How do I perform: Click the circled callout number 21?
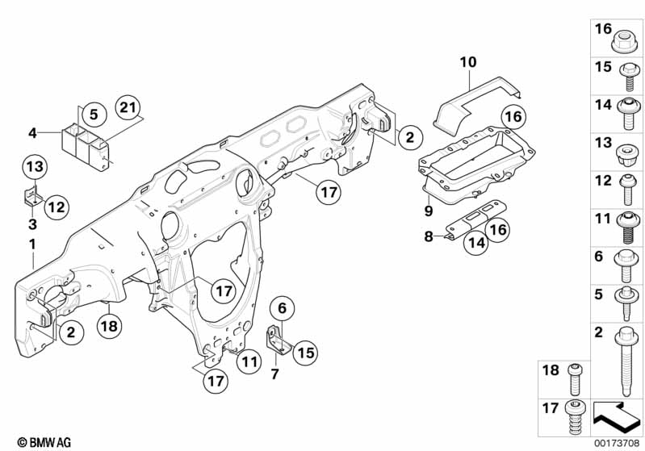127,107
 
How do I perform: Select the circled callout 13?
34,168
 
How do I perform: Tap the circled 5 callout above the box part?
93,115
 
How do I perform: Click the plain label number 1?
32,244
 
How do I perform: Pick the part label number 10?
469,61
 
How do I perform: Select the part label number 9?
429,211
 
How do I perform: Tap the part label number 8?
429,236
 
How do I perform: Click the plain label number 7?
274,373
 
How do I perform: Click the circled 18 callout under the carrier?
111,327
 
